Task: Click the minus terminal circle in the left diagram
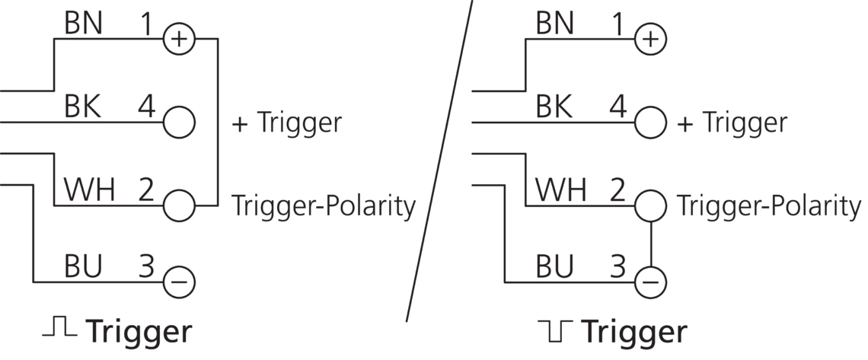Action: point(180,282)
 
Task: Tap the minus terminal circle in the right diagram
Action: point(650,282)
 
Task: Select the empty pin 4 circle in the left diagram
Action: point(180,122)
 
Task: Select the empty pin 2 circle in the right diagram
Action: point(650,205)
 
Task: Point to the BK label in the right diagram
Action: point(554,107)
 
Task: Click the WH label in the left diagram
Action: point(89,190)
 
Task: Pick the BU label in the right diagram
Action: point(554,267)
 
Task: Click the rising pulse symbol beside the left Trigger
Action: point(59,328)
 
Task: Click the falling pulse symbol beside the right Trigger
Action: point(554,330)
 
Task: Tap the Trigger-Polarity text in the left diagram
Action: point(324,206)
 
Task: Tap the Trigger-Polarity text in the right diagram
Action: point(769,206)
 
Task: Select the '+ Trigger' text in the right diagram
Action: point(732,123)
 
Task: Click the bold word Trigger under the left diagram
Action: point(139,332)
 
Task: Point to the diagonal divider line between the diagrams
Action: point(439,160)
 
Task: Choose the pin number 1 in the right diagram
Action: point(617,24)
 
